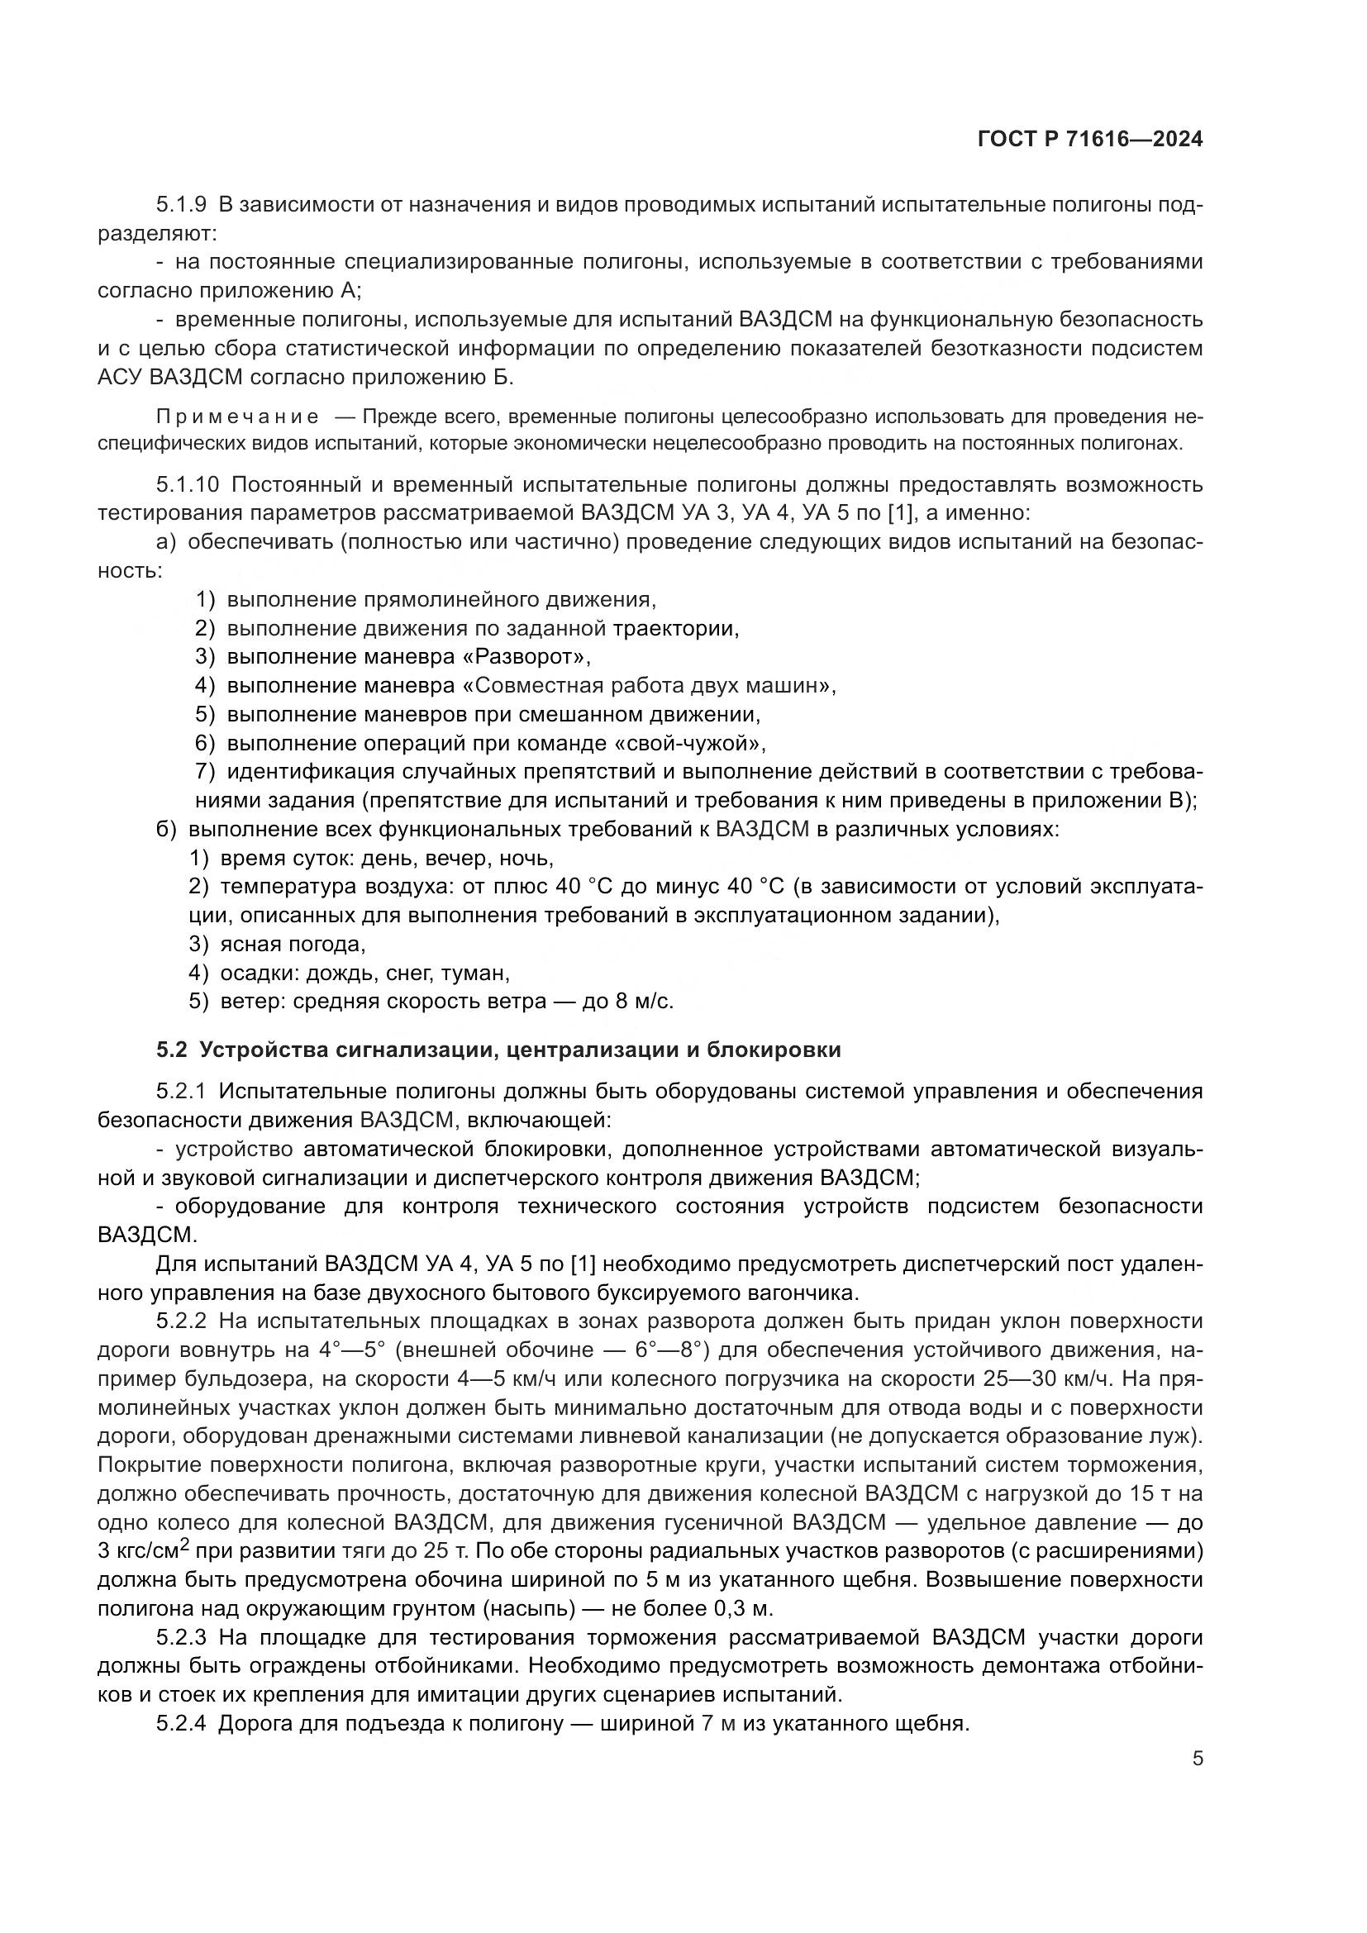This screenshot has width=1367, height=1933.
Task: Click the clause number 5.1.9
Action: click(181, 205)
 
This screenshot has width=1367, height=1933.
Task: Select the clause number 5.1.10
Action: click(188, 486)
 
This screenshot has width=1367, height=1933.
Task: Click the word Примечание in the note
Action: click(237, 417)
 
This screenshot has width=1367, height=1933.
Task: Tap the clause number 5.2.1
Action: click(181, 1093)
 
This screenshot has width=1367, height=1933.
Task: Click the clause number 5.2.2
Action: click(181, 1321)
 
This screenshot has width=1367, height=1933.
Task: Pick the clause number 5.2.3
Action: click(181, 1637)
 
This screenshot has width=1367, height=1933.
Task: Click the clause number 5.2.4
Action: click(181, 1723)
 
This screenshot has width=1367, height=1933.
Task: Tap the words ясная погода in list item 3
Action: click(292, 944)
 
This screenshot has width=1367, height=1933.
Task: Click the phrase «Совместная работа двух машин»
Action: click(647, 685)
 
